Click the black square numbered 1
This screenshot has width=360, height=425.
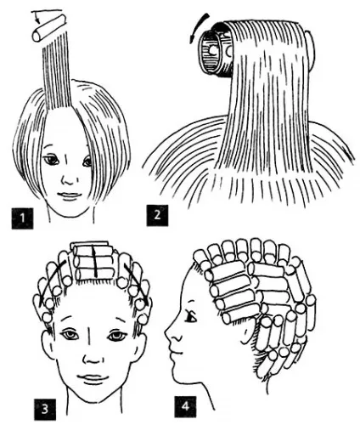[22, 218]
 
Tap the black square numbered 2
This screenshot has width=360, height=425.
[157, 215]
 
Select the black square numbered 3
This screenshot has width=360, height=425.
[45, 410]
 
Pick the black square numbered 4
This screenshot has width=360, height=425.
[185, 406]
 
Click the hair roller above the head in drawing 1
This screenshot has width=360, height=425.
[48, 29]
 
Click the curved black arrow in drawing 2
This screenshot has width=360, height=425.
[200, 28]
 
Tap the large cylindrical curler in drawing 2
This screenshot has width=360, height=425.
[217, 51]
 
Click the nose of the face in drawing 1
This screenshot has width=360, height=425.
[68, 178]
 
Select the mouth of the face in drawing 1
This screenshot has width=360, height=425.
[68, 195]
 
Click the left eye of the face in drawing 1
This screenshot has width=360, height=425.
[52, 161]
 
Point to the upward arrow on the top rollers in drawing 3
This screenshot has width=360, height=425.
[95, 261]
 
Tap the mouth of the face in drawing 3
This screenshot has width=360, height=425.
[93, 378]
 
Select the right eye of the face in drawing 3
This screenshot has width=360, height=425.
[116, 336]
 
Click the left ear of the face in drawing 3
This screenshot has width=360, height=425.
[48, 347]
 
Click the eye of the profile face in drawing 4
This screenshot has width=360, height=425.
[190, 317]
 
